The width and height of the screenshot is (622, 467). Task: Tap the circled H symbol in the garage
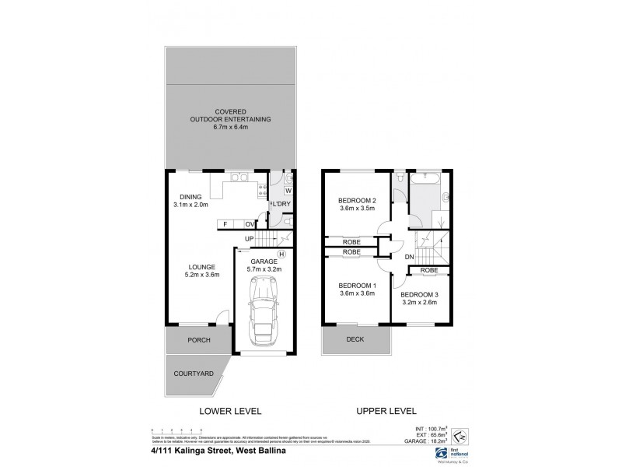(x=281, y=254)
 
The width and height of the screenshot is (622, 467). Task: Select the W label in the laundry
(x=288, y=191)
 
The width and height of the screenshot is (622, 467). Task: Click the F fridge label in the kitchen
(x=225, y=224)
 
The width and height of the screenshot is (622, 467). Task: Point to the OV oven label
(x=250, y=224)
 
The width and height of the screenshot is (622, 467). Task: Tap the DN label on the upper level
(x=408, y=256)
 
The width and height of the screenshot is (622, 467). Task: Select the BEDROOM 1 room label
(x=358, y=284)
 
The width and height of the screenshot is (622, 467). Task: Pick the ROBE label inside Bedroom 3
(x=428, y=270)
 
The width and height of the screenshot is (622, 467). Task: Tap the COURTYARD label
(x=194, y=374)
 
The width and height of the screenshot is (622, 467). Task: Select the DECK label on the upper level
(x=355, y=339)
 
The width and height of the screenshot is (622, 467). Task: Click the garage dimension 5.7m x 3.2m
(x=264, y=270)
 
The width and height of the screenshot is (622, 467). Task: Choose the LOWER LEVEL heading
(x=230, y=410)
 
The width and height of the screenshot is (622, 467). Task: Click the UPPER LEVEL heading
(x=386, y=410)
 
